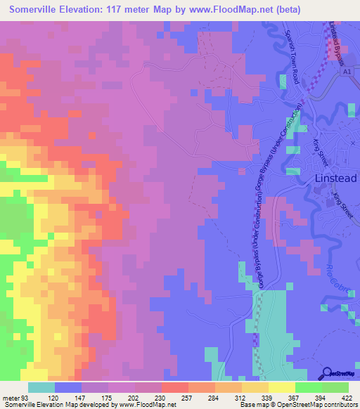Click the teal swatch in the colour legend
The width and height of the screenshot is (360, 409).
41,388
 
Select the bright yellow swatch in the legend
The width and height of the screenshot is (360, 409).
281,388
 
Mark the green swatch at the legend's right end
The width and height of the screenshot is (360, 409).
335,388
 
